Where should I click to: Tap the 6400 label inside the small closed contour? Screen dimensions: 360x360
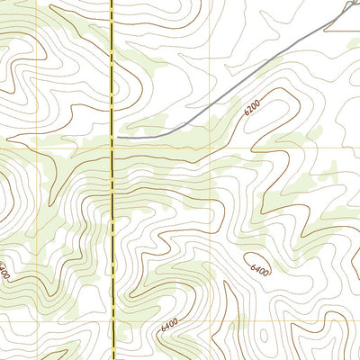click(260, 269)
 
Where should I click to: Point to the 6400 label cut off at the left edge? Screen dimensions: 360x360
click(4, 269)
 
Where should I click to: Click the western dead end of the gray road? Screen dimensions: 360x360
click(119, 137)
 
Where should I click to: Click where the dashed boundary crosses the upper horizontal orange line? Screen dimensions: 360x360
click(112, 148)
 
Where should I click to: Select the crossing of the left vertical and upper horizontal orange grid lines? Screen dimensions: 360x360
click(38, 148)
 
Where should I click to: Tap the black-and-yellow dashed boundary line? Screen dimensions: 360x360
click(113, 225)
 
